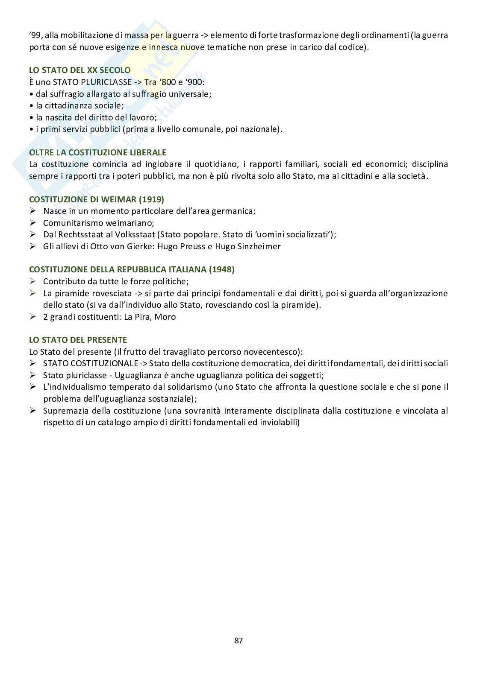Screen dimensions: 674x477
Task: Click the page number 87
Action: [x=238, y=640]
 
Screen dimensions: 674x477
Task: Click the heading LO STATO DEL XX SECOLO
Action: [x=79, y=70]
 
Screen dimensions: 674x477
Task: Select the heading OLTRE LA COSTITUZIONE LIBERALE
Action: [x=97, y=152]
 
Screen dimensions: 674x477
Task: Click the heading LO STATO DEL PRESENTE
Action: [x=78, y=340]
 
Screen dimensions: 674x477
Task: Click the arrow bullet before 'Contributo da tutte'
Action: [x=33, y=281]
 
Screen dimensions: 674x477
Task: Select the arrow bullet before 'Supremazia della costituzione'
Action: [x=33, y=411]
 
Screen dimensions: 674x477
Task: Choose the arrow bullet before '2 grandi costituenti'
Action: [x=33, y=317]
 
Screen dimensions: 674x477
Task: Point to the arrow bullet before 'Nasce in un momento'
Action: [x=33, y=211]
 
